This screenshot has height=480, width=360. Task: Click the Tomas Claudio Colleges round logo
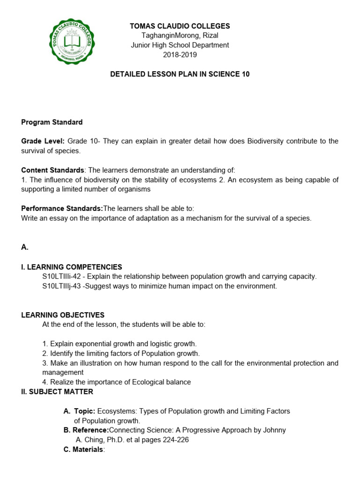click(72, 41)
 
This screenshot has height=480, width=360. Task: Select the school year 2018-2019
click(180, 55)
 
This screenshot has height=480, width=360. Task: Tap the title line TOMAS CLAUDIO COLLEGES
click(180, 26)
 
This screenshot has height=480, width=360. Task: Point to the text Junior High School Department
click(180, 45)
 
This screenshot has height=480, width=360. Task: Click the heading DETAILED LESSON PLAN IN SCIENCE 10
click(180, 74)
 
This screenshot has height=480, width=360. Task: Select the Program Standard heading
click(52, 122)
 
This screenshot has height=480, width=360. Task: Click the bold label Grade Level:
click(43, 141)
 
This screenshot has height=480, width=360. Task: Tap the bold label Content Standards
click(52, 170)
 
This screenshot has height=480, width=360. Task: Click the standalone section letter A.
click(25, 247)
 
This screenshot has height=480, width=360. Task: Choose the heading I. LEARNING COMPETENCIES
click(71, 267)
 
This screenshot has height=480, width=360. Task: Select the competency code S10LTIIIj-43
click(62, 286)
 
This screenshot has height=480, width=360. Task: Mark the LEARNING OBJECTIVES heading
click(63, 315)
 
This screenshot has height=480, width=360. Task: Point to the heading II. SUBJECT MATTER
click(57, 391)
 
